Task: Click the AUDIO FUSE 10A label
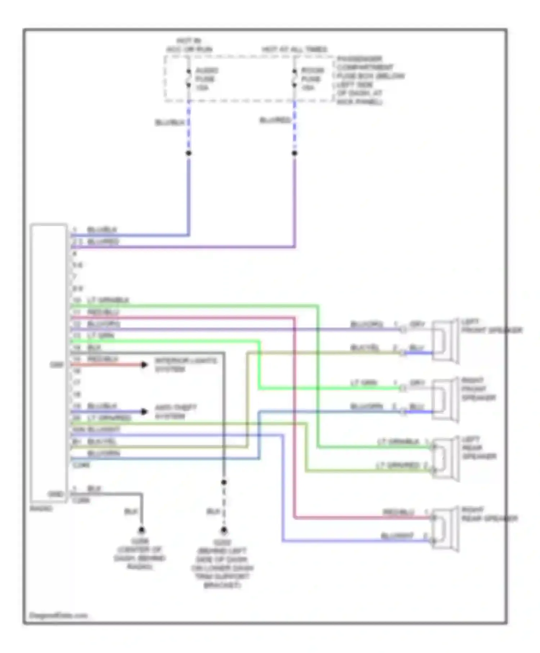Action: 206,79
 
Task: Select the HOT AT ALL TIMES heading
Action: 294,49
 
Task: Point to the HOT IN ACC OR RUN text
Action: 189,45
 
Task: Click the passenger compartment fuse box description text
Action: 369,80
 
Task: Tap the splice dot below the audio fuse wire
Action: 188,153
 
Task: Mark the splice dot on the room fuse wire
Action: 294,153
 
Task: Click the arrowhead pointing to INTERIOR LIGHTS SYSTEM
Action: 144,365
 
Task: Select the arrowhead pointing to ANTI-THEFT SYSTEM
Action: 144,411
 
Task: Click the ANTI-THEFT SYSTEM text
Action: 175,412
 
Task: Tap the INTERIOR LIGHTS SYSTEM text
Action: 186,365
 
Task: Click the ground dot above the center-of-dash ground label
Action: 141,530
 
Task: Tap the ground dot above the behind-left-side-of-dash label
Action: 224,530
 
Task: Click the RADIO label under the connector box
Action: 41,508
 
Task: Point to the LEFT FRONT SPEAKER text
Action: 491,326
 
